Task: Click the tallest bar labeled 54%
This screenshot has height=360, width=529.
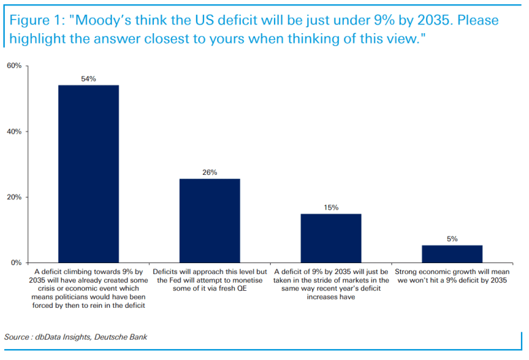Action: [88, 174]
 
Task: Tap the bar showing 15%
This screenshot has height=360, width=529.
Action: [331, 238]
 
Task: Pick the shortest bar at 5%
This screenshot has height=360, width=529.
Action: [452, 254]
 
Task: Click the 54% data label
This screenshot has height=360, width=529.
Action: [88, 79]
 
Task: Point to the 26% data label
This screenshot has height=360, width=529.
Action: [210, 172]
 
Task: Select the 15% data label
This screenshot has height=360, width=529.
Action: [331, 207]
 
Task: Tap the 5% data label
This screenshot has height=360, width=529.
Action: [452, 239]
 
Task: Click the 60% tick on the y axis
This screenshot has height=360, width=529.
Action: [14, 66]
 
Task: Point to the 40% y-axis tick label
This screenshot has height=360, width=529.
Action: [14, 132]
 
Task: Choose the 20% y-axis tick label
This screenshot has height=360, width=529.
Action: [14, 197]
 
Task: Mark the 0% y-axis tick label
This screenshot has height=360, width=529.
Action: [16, 262]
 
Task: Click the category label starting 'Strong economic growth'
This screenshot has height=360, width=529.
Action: [452, 276]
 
